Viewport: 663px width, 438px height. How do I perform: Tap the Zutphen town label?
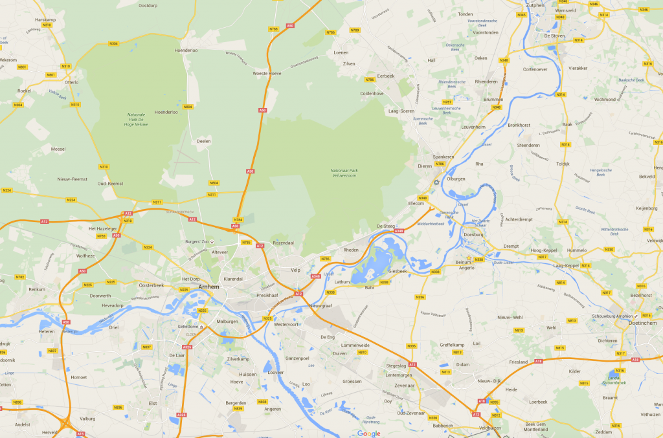click(x=535, y=5)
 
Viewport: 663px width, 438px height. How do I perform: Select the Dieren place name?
click(x=425, y=166)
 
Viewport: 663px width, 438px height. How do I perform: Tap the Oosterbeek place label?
click(x=151, y=285)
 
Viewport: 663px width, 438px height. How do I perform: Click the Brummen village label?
click(x=493, y=99)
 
